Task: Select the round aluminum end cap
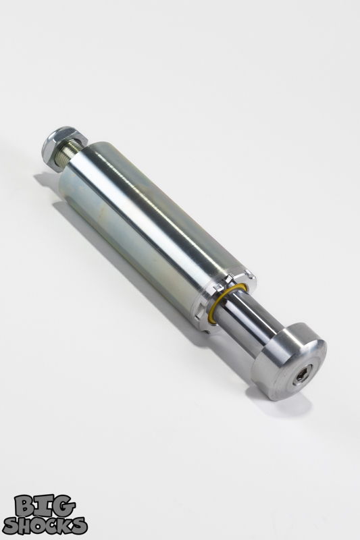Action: point(290,362)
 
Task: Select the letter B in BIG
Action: point(26,505)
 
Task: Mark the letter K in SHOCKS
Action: point(66,524)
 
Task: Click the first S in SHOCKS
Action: point(11,524)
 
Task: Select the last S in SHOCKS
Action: point(79,524)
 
